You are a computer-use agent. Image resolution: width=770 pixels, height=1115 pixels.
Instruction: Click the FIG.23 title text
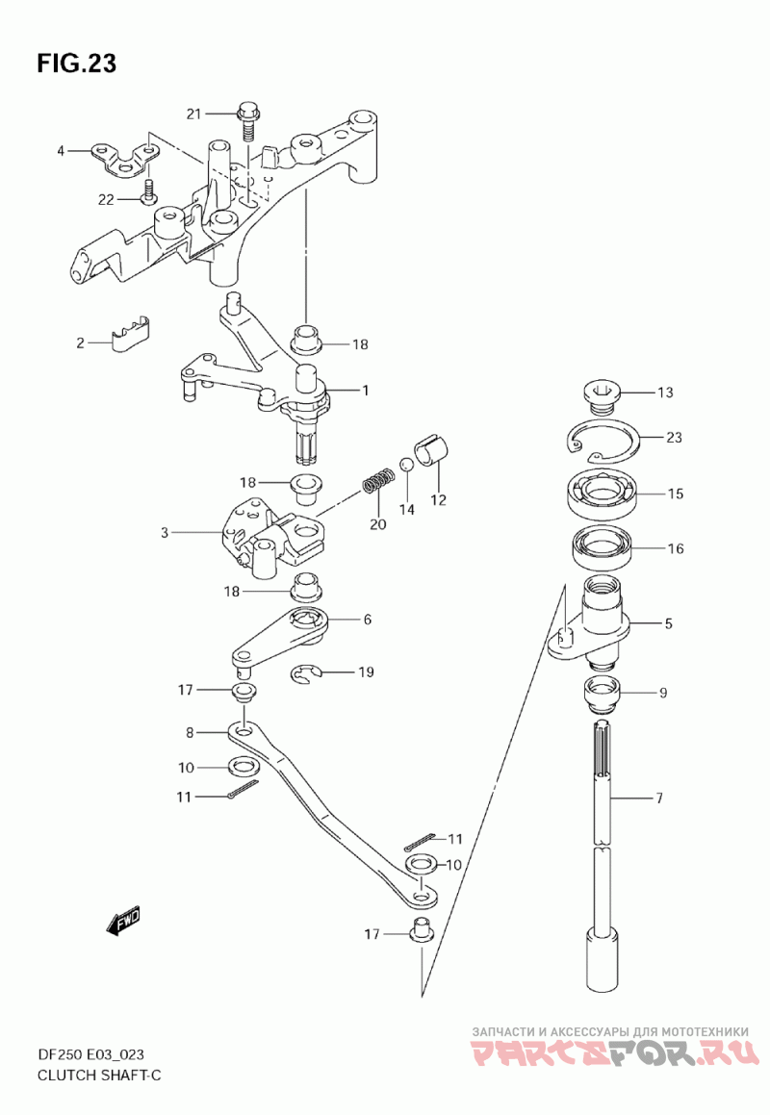point(77,63)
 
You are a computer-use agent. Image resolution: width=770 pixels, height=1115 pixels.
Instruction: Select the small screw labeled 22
point(149,191)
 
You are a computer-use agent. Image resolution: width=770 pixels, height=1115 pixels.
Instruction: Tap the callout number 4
point(61,151)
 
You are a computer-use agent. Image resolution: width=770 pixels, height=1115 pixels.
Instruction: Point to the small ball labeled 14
point(405,464)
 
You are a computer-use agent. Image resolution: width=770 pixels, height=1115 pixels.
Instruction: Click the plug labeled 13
point(602,395)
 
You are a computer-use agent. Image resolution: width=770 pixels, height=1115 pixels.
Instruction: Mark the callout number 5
point(668,623)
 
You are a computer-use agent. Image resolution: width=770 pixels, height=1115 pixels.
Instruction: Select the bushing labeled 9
point(603,694)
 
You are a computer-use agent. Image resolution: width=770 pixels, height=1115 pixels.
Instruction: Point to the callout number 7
point(659,798)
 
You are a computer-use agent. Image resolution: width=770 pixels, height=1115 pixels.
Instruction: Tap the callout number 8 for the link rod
point(190,732)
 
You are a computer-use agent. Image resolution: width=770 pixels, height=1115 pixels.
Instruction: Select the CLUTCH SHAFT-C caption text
point(100,1076)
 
